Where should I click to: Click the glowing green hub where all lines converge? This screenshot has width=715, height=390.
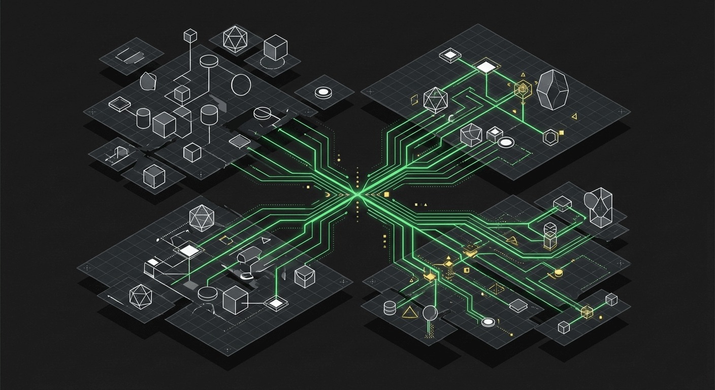pyautogui.click(x=357, y=193)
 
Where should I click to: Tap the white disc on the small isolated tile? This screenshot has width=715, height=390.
pyautogui.click(x=323, y=92)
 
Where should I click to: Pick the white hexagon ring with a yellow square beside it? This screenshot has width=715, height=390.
pyautogui.click(x=550, y=137)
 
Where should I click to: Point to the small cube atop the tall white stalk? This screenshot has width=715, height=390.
pyautogui.click(x=190, y=36)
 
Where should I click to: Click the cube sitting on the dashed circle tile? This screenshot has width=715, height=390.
pyautogui.click(x=276, y=48)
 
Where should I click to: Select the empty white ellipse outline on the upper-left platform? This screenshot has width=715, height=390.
pyautogui.click(x=241, y=84)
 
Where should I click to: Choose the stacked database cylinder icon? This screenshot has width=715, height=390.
pyautogui.click(x=389, y=308)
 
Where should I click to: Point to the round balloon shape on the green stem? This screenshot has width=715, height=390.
pyautogui.click(x=430, y=313)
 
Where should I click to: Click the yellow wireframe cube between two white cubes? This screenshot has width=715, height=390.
pyautogui.click(x=587, y=312)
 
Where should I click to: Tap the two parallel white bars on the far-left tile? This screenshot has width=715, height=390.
pyautogui.click(x=124, y=56)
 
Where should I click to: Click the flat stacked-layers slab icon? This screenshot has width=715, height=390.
pyautogui.click(x=518, y=305)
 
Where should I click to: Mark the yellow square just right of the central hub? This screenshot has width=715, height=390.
pyautogui.click(x=386, y=194)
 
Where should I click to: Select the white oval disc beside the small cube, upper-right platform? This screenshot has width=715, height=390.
pyautogui.click(x=506, y=143)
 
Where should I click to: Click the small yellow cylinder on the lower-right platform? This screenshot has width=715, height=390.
pyautogui.click(x=559, y=273)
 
